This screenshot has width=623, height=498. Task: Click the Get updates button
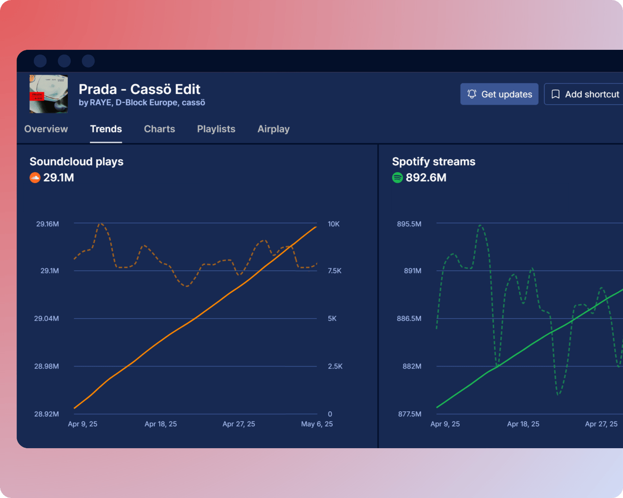[x=499, y=94]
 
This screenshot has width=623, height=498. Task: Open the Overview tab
[x=46, y=129]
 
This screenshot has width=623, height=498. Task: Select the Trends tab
[x=106, y=129]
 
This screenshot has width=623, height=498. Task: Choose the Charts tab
[x=159, y=129]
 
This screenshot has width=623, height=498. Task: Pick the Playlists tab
[x=216, y=129]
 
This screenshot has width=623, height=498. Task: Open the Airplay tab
[x=273, y=129]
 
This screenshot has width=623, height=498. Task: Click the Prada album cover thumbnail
[x=49, y=94]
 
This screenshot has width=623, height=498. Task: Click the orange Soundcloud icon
[x=35, y=178]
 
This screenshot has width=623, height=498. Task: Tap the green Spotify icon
[x=397, y=178]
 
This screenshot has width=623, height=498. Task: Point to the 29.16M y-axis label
[x=48, y=224]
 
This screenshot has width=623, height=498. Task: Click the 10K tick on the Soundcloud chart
[x=334, y=224]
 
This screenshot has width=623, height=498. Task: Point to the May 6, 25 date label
[x=317, y=424]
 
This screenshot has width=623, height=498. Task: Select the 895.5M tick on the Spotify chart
[x=409, y=224]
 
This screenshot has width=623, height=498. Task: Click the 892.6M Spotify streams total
[x=426, y=178]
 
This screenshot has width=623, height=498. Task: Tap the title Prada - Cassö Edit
[x=139, y=89]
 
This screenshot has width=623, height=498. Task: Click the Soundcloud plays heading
[x=77, y=161]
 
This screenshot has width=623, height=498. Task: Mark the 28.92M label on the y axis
[x=47, y=414]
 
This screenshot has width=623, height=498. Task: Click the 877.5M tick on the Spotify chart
[x=410, y=414]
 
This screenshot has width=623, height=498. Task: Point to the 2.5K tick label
[x=335, y=367]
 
